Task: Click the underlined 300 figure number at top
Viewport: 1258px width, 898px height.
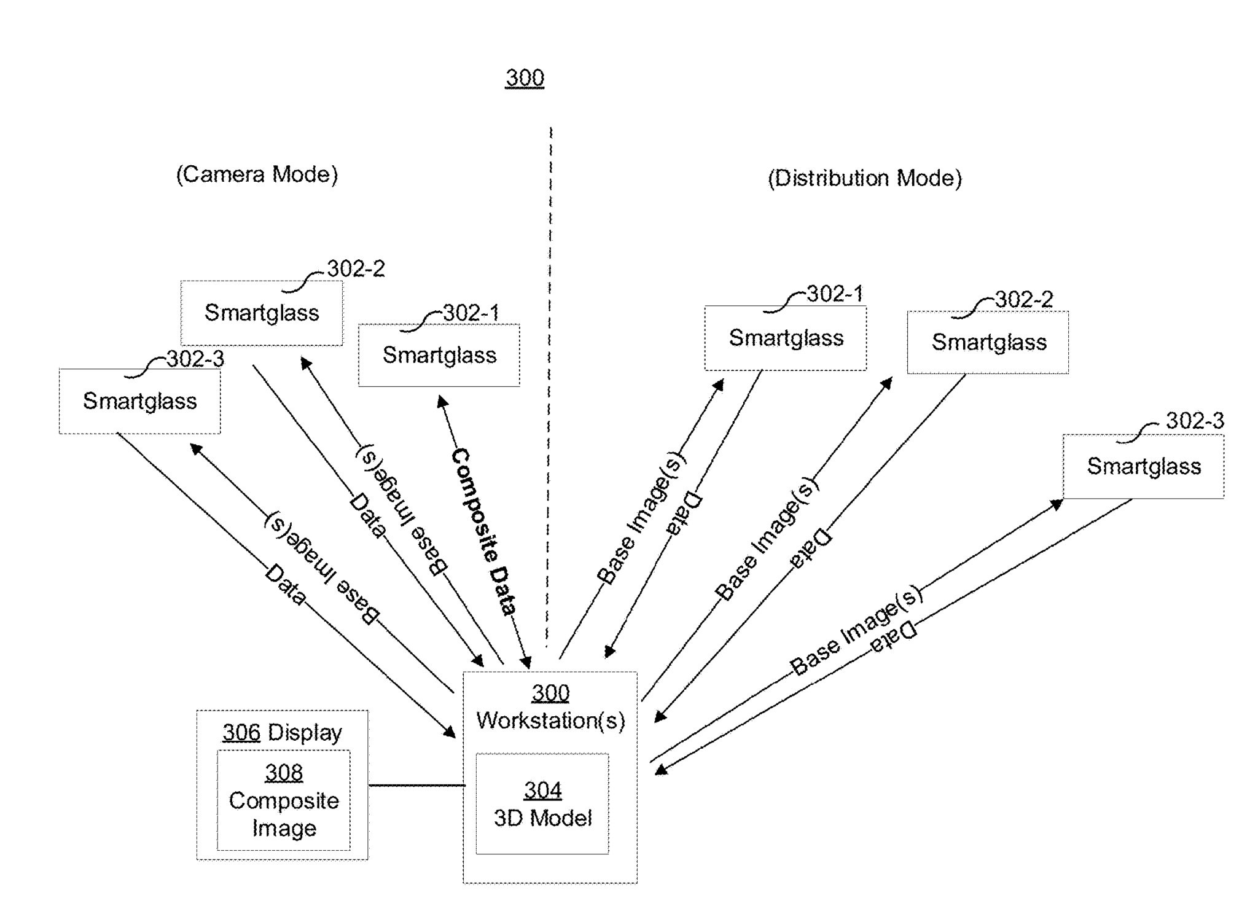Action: (x=525, y=78)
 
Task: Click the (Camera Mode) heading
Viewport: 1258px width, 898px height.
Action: (x=257, y=174)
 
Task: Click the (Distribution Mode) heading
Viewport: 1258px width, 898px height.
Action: (x=864, y=178)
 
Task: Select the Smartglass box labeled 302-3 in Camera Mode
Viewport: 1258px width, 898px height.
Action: (x=139, y=401)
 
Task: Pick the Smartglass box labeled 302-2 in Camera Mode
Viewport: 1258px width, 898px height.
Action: (x=262, y=313)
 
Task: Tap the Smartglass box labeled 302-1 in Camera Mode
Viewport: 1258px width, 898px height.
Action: (x=439, y=356)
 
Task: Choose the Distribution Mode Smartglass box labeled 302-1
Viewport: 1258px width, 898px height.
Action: (x=786, y=338)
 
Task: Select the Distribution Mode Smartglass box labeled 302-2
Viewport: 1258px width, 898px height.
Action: (x=988, y=343)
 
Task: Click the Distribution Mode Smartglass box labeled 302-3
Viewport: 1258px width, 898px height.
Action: (x=1143, y=467)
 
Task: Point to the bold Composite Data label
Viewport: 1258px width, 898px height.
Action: (x=484, y=532)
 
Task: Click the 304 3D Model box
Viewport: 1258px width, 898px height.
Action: (x=542, y=803)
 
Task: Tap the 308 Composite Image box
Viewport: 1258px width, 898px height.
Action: (x=284, y=800)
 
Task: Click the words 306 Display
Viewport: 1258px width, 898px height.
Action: (x=282, y=732)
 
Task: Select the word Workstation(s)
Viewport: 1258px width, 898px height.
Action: (x=550, y=720)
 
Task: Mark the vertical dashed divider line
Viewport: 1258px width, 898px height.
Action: (x=549, y=369)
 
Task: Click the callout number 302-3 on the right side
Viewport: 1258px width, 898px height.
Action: (x=1195, y=421)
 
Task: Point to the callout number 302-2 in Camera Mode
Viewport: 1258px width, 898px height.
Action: (x=356, y=268)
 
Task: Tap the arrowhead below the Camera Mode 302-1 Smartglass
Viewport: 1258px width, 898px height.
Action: (x=442, y=402)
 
